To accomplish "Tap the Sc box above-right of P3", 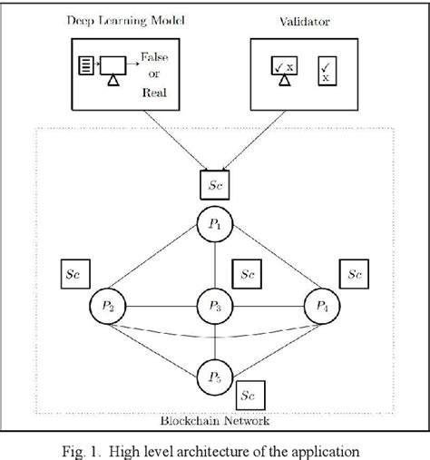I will click(x=247, y=272).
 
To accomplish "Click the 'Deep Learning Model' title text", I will click(x=121, y=19).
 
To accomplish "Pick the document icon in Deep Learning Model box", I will click(x=86, y=66).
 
